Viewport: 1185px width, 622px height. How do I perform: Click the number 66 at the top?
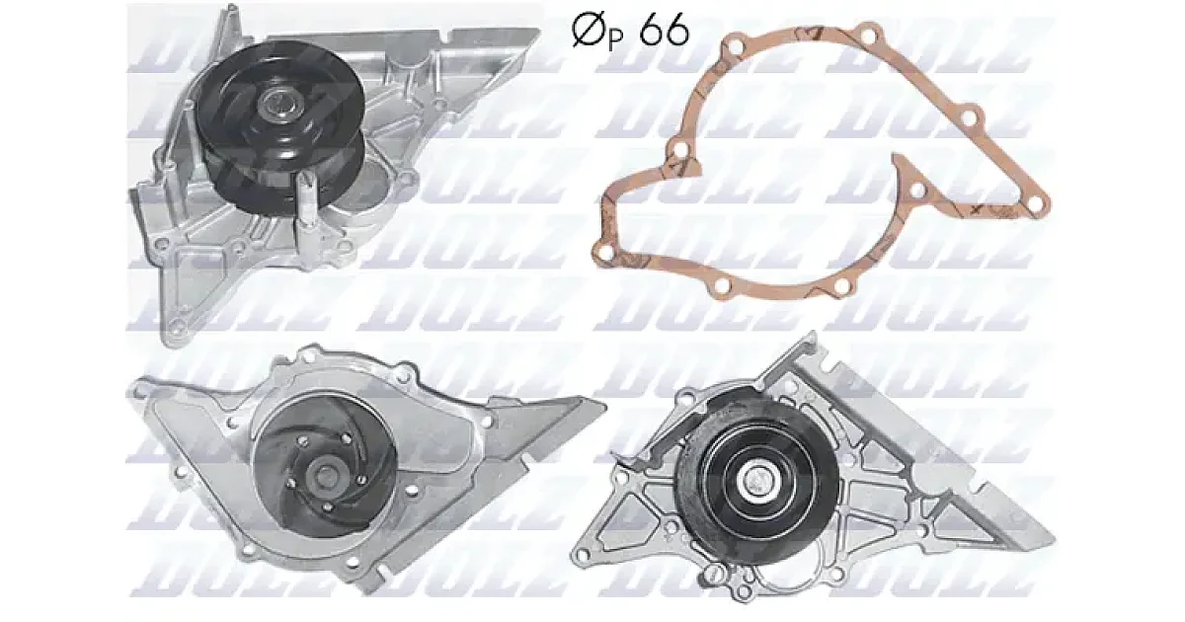tap(664, 31)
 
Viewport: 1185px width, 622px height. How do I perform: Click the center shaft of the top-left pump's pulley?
tap(279, 103)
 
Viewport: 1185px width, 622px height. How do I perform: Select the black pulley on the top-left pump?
tap(279, 125)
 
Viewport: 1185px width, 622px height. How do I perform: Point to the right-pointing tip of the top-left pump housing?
tap(537, 32)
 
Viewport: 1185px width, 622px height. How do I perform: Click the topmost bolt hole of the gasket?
tap(867, 36)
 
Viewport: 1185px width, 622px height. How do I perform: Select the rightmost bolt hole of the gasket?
tap(1038, 203)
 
